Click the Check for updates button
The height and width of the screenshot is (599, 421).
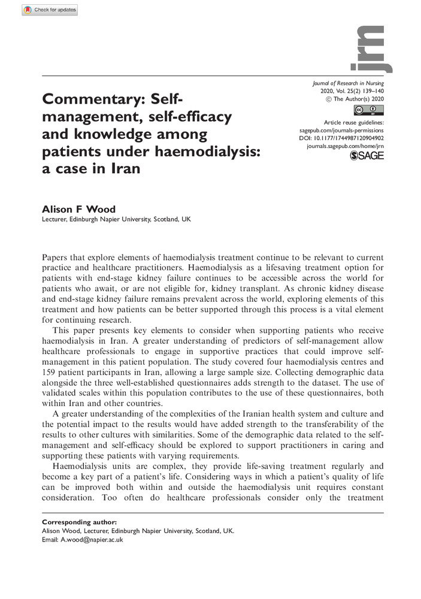pyautogui.click(x=50, y=10)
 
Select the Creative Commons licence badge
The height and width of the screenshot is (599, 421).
pyautogui.click(x=369, y=110)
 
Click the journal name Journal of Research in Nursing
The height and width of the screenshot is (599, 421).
pyautogui.click(x=348, y=83)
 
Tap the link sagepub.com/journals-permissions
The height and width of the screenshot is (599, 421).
pyautogui.click(x=341, y=130)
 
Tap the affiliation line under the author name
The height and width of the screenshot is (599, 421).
pyautogui.click(x=114, y=220)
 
